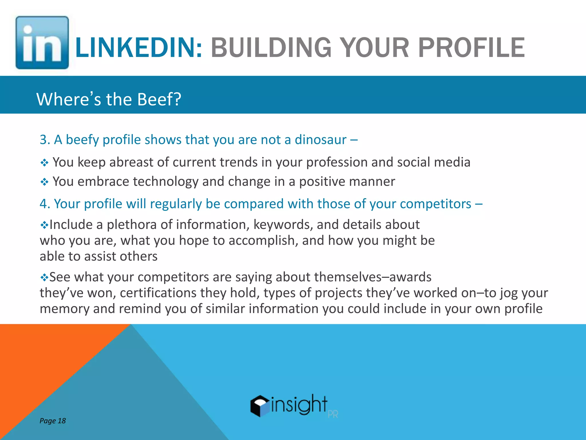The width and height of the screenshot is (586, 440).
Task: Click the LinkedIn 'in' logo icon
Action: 42,42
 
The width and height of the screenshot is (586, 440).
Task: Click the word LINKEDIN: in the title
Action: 139,48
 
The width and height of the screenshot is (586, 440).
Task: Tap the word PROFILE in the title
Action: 471,48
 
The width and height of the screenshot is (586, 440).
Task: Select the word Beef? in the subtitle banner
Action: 159,99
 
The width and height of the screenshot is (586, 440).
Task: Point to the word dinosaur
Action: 320,140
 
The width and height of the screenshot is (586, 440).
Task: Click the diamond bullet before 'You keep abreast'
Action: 44,163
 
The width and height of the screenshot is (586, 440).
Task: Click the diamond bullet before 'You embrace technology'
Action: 44,182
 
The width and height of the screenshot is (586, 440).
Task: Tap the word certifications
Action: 158,293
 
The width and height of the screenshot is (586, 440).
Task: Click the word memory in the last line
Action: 64,309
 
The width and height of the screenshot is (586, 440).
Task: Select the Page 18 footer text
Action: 53,421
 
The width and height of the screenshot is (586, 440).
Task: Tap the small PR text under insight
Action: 333,414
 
